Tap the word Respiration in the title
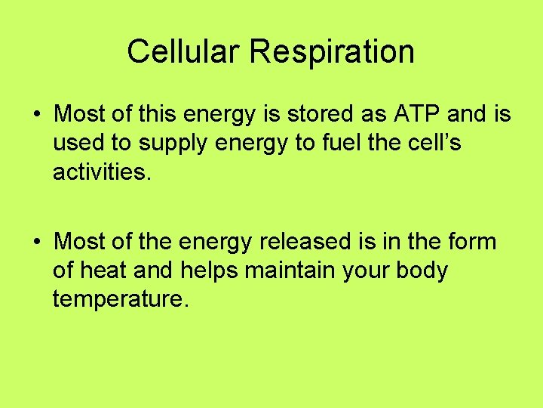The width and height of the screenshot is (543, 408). coord(333,52)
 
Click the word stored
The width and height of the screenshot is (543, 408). coord(311,114)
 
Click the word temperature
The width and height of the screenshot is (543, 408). coord(119,300)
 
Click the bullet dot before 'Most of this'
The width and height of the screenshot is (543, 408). coord(36,115)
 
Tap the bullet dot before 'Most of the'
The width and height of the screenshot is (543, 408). coord(36,243)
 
